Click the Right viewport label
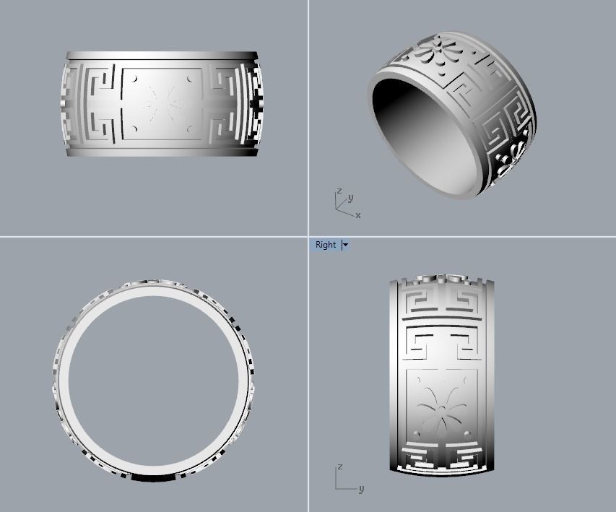coord(326,245)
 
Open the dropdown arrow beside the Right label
coord(345,245)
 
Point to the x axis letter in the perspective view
coord(357,215)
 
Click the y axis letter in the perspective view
coord(350,197)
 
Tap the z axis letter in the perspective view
coord(339,191)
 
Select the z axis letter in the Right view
coord(339,467)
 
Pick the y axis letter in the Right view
coord(361,489)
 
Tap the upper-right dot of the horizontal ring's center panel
coord(189,77)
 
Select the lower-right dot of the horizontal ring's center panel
coord(189,130)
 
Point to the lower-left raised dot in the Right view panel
coord(417,433)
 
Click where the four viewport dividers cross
coord(308,236)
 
